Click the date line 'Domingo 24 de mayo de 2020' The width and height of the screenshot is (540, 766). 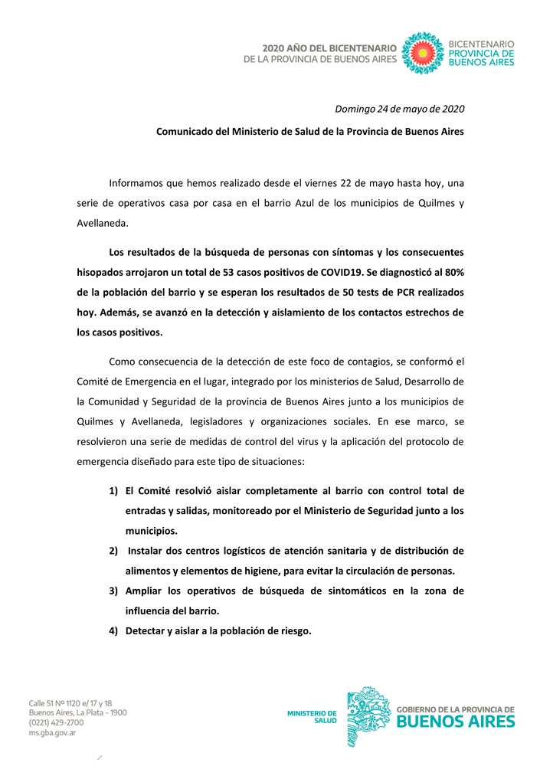coord(399,108)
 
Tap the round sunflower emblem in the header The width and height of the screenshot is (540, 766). coord(421,52)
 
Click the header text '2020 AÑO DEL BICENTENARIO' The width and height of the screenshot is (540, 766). coord(329,47)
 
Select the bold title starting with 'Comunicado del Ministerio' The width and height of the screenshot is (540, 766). coord(310,131)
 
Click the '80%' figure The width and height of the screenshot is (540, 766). coord(451,271)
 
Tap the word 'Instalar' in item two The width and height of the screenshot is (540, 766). coord(147,551)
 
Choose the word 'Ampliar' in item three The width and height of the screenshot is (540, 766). coord(145,591)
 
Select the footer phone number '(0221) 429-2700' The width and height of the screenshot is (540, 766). coord(57,722)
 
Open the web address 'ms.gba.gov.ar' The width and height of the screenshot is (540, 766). coord(52,732)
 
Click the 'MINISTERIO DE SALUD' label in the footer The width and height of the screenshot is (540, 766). coord(312,716)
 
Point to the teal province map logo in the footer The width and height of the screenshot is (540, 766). coord(368,716)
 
